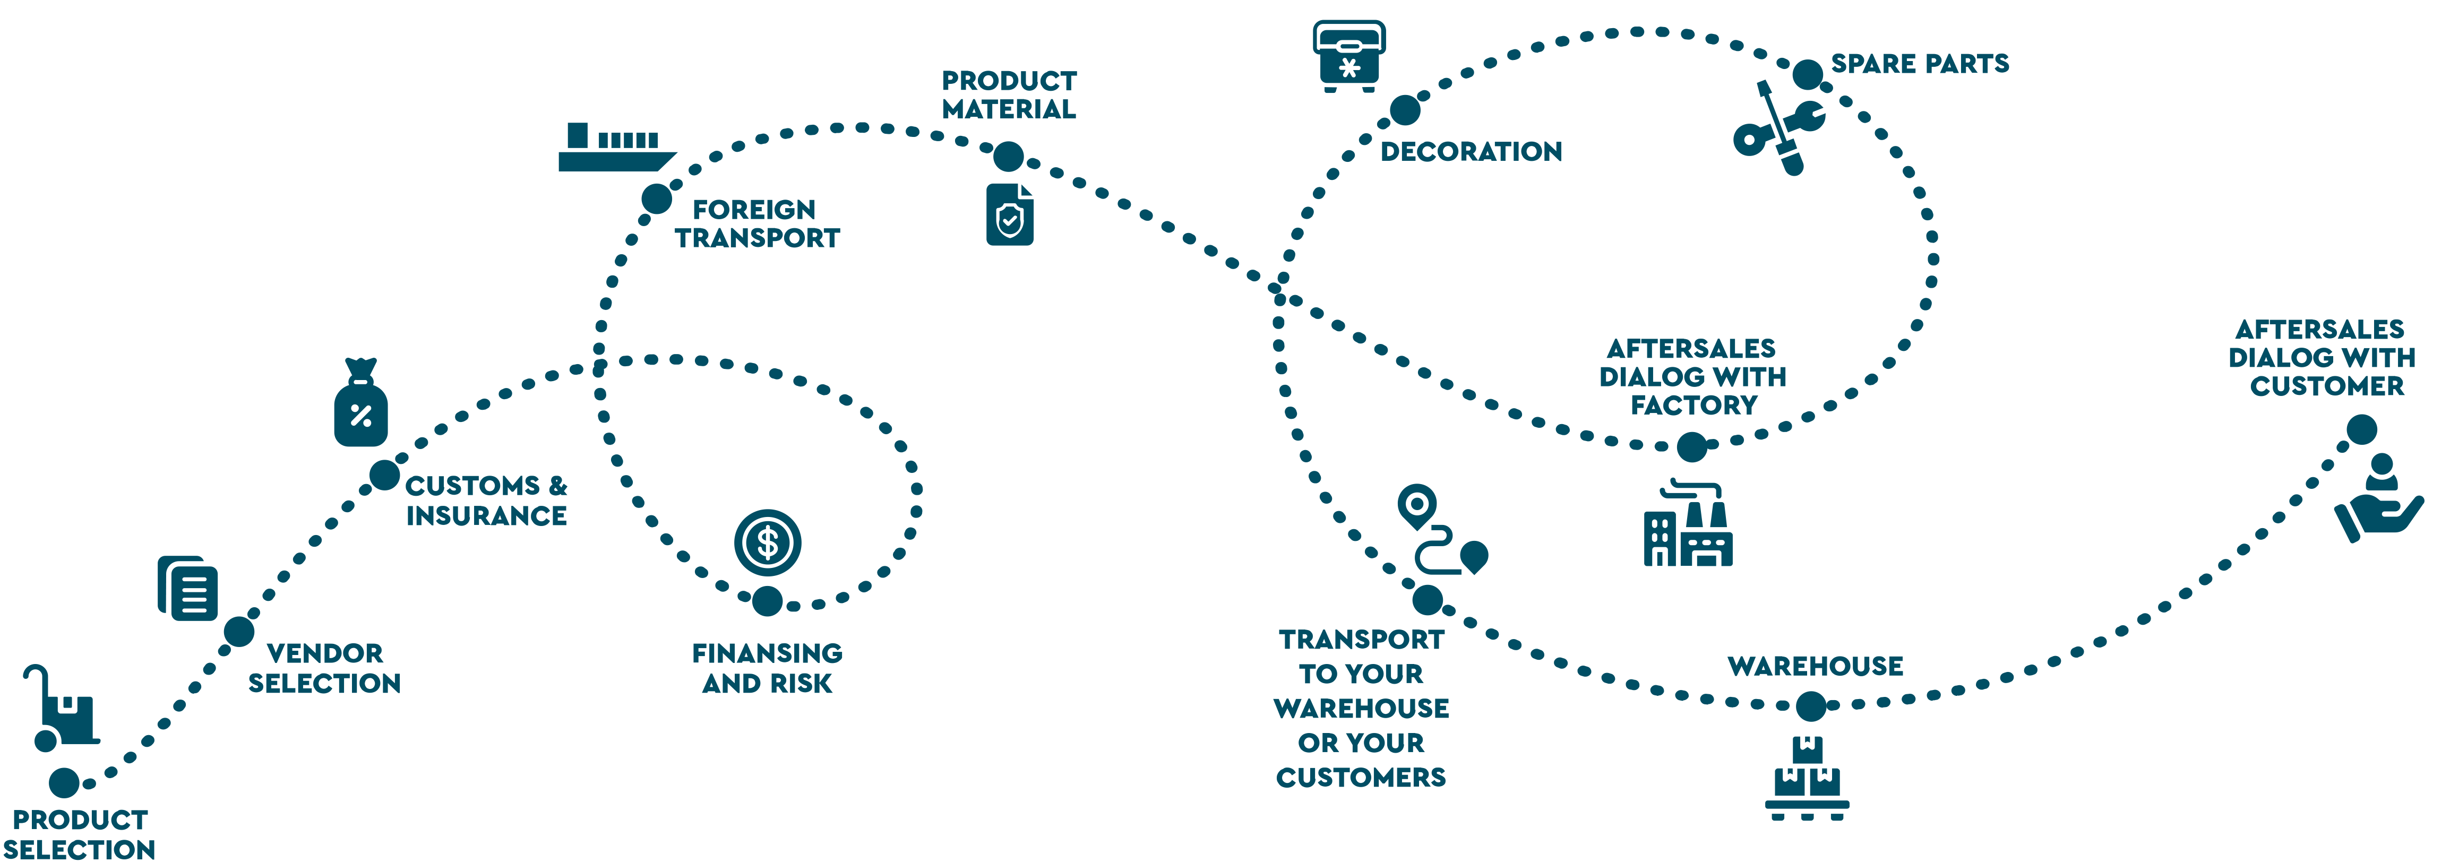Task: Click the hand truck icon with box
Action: click(x=62, y=708)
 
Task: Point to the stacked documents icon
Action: click(x=187, y=588)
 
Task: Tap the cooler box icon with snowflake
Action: click(x=1348, y=55)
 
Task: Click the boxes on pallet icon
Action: click(x=1807, y=778)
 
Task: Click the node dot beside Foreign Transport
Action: click(x=656, y=199)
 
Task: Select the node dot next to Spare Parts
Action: click(x=1807, y=73)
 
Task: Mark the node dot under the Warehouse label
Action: click(x=1811, y=706)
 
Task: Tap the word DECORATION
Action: click(x=1471, y=151)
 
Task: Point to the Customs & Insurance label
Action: click(x=486, y=501)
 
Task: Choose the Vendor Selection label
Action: click(x=324, y=668)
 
